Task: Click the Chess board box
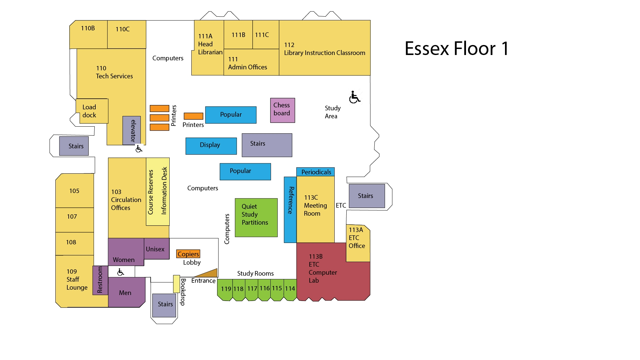(x=282, y=110)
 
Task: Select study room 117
(x=252, y=289)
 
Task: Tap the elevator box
(x=132, y=130)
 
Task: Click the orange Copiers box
(x=188, y=254)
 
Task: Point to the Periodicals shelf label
(x=315, y=172)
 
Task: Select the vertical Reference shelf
(x=290, y=209)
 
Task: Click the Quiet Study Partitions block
(x=256, y=218)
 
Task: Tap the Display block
(x=211, y=146)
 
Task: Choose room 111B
(x=238, y=35)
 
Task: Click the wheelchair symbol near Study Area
(x=355, y=97)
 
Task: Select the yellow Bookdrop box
(x=176, y=284)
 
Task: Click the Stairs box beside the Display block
(x=267, y=145)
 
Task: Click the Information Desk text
(x=164, y=191)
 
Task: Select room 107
(x=74, y=220)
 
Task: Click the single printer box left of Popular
(x=193, y=116)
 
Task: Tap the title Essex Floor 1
(x=456, y=49)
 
